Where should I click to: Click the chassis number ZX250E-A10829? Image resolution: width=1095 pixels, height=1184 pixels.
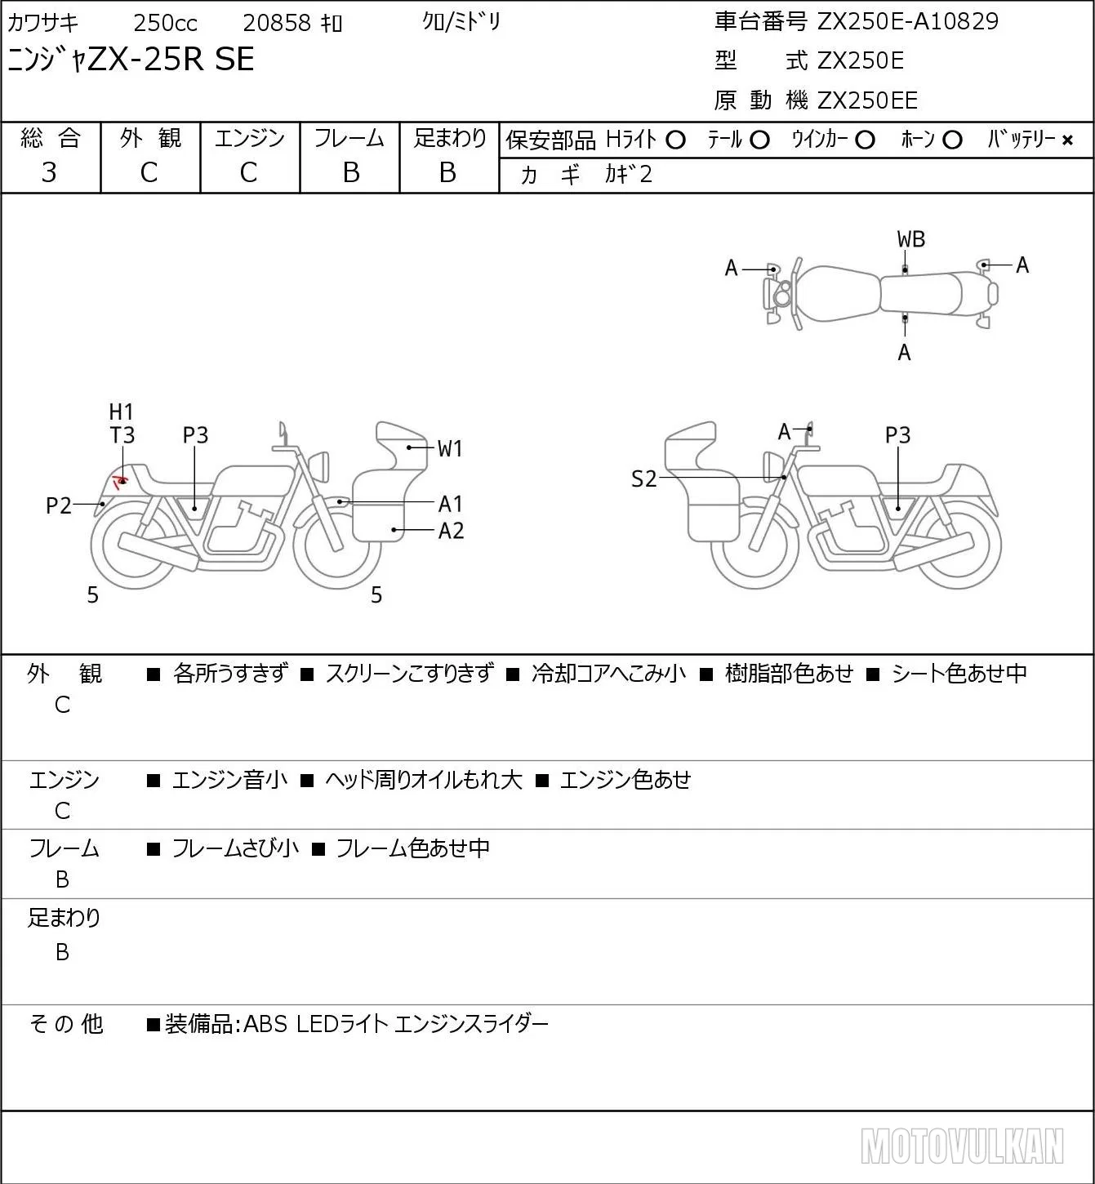(907, 21)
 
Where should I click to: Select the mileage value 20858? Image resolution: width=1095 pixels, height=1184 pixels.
(277, 23)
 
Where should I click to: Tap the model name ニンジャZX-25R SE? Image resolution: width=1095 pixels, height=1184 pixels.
(131, 59)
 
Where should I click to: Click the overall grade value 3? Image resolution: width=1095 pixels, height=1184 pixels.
(49, 173)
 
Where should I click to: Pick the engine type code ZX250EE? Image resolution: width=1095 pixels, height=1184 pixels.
(867, 100)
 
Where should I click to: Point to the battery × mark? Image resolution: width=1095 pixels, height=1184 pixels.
(1067, 140)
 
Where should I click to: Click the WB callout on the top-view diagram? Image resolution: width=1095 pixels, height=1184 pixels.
(910, 240)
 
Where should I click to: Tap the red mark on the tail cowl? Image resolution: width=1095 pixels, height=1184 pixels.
(119, 480)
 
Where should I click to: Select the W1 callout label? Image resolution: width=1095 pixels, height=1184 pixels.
(450, 449)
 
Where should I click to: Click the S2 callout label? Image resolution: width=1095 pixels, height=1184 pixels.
(644, 478)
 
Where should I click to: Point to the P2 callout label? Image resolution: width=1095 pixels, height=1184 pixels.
(59, 505)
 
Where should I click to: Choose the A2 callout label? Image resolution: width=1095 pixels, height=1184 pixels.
(451, 531)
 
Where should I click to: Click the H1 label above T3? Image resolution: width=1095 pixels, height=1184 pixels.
(121, 412)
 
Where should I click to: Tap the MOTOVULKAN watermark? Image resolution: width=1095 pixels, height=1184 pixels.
(963, 1146)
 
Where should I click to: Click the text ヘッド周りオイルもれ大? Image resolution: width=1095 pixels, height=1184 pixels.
(424, 780)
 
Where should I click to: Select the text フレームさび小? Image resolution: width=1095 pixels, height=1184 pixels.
(235, 848)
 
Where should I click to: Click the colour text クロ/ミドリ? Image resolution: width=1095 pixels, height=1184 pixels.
(461, 22)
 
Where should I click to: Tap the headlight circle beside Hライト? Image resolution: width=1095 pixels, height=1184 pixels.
(675, 140)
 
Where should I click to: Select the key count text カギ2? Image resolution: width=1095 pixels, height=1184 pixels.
(628, 175)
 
